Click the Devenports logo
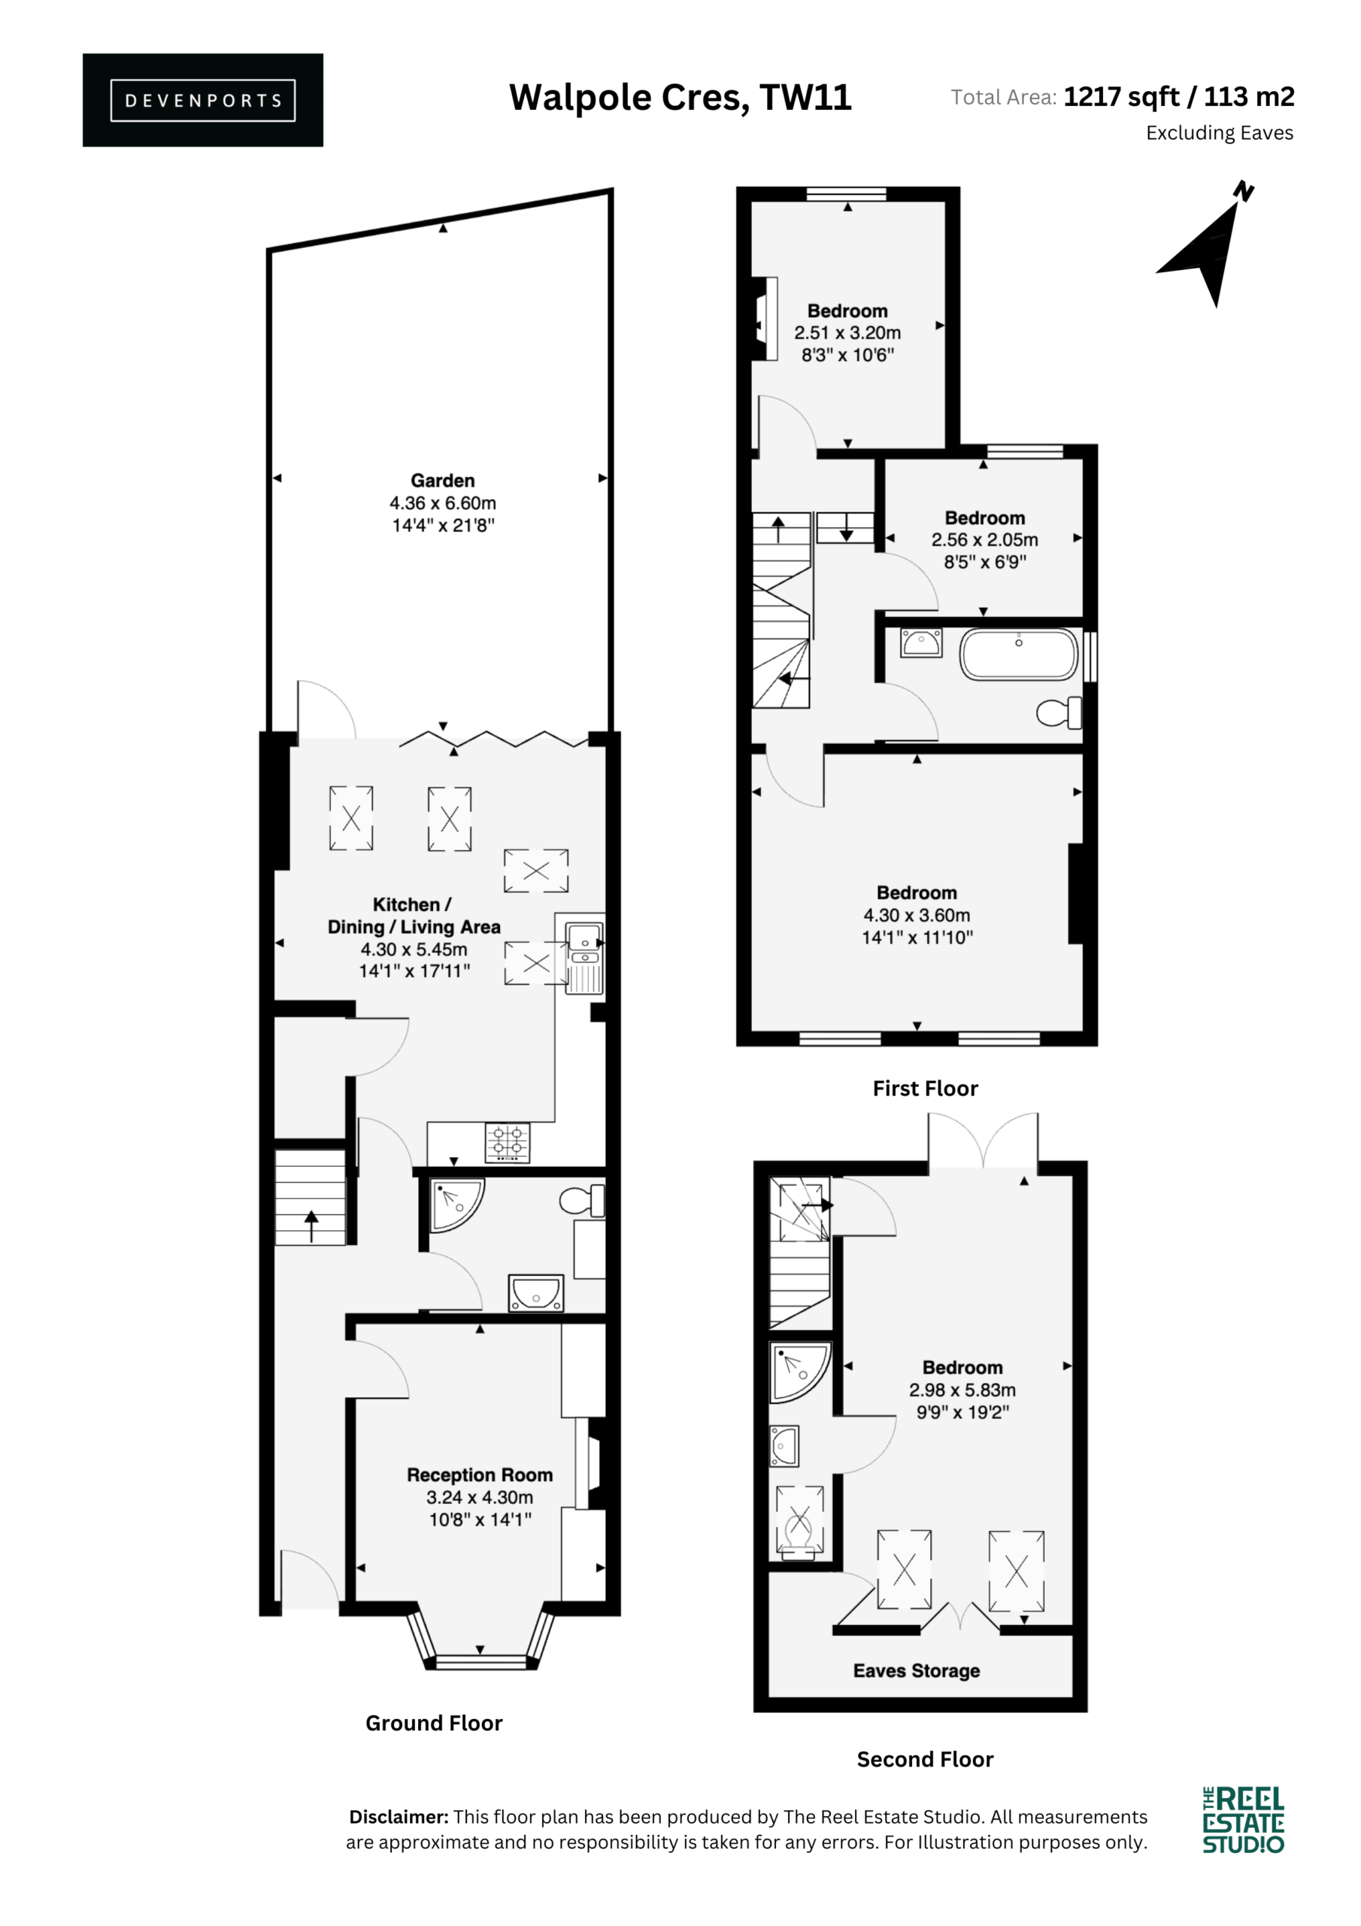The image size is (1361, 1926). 202,100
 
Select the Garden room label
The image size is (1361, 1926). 443,481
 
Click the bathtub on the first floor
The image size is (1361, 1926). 1018,655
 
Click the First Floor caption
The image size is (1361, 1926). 925,1089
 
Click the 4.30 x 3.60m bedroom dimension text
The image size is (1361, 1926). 917,915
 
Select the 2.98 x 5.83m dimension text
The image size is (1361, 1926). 962,1390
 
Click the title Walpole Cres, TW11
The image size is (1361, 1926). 680,98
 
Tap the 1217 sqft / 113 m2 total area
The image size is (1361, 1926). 1179,97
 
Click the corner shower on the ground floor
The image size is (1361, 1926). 456,1205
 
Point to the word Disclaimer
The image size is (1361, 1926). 399,1817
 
